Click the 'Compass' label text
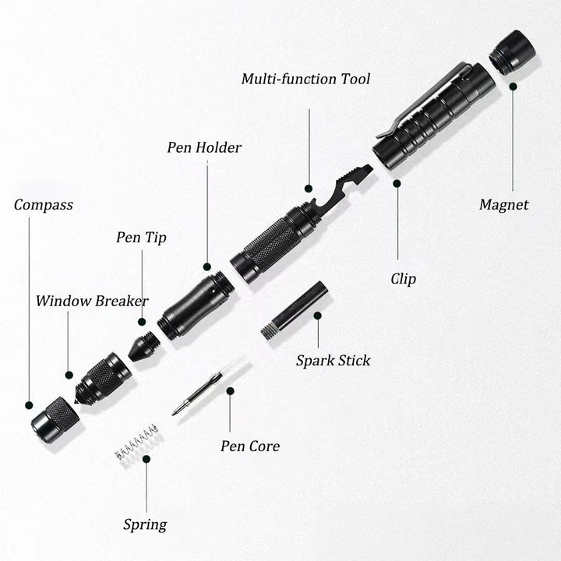click(x=44, y=205)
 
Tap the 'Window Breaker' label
click(x=92, y=301)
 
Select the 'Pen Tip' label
click(x=141, y=237)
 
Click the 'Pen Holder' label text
click(x=204, y=147)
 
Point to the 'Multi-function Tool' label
click(x=305, y=79)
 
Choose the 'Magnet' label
click(x=503, y=205)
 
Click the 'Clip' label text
click(x=403, y=279)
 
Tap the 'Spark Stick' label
click(x=333, y=360)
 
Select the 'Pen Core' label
click(x=249, y=446)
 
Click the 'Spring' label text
click(x=145, y=524)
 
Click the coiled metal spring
click(x=136, y=442)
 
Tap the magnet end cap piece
click(x=511, y=52)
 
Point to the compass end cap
click(x=55, y=419)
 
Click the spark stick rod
click(x=295, y=310)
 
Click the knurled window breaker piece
click(x=103, y=379)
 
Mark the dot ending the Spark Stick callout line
click(x=318, y=316)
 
